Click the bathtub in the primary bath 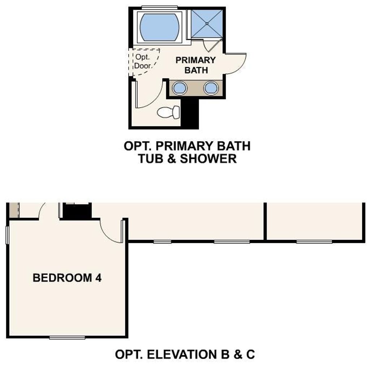(159, 27)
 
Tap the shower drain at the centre (207, 23)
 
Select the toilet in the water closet (168, 112)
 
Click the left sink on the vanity (180, 88)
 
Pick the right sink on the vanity (211, 88)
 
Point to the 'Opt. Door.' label (143, 61)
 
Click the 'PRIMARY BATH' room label (195, 65)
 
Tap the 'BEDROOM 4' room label (67, 278)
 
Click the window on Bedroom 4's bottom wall (67, 338)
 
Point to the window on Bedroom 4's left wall (7, 235)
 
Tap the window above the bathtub (159, 7)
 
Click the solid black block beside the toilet (190, 113)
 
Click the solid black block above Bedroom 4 (77, 211)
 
